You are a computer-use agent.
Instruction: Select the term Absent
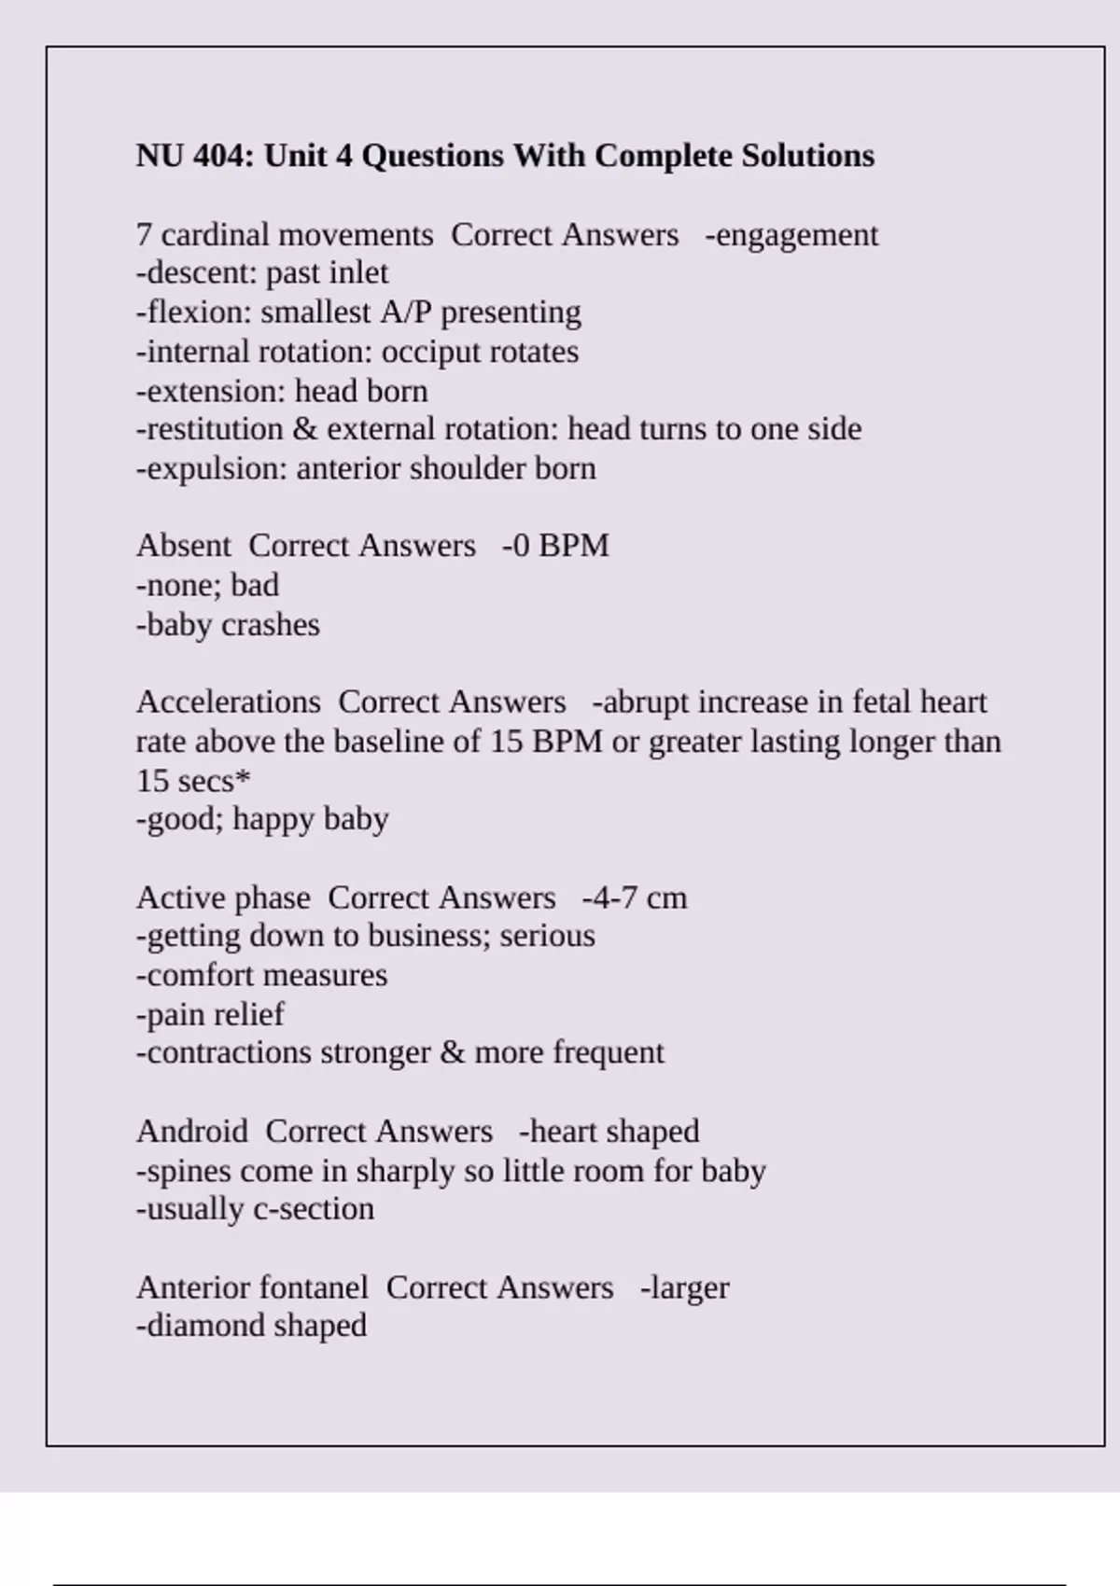click(x=183, y=546)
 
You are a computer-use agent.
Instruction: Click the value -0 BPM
click(x=555, y=546)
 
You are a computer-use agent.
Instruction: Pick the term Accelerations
click(x=229, y=703)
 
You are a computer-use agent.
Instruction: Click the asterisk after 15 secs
click(x=244, y=777)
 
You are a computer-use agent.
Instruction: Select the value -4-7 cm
click(x=635, y=898)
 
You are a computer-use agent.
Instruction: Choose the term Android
click(x=192, y=1132)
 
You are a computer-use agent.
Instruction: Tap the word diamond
click(x=201, y=1326)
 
